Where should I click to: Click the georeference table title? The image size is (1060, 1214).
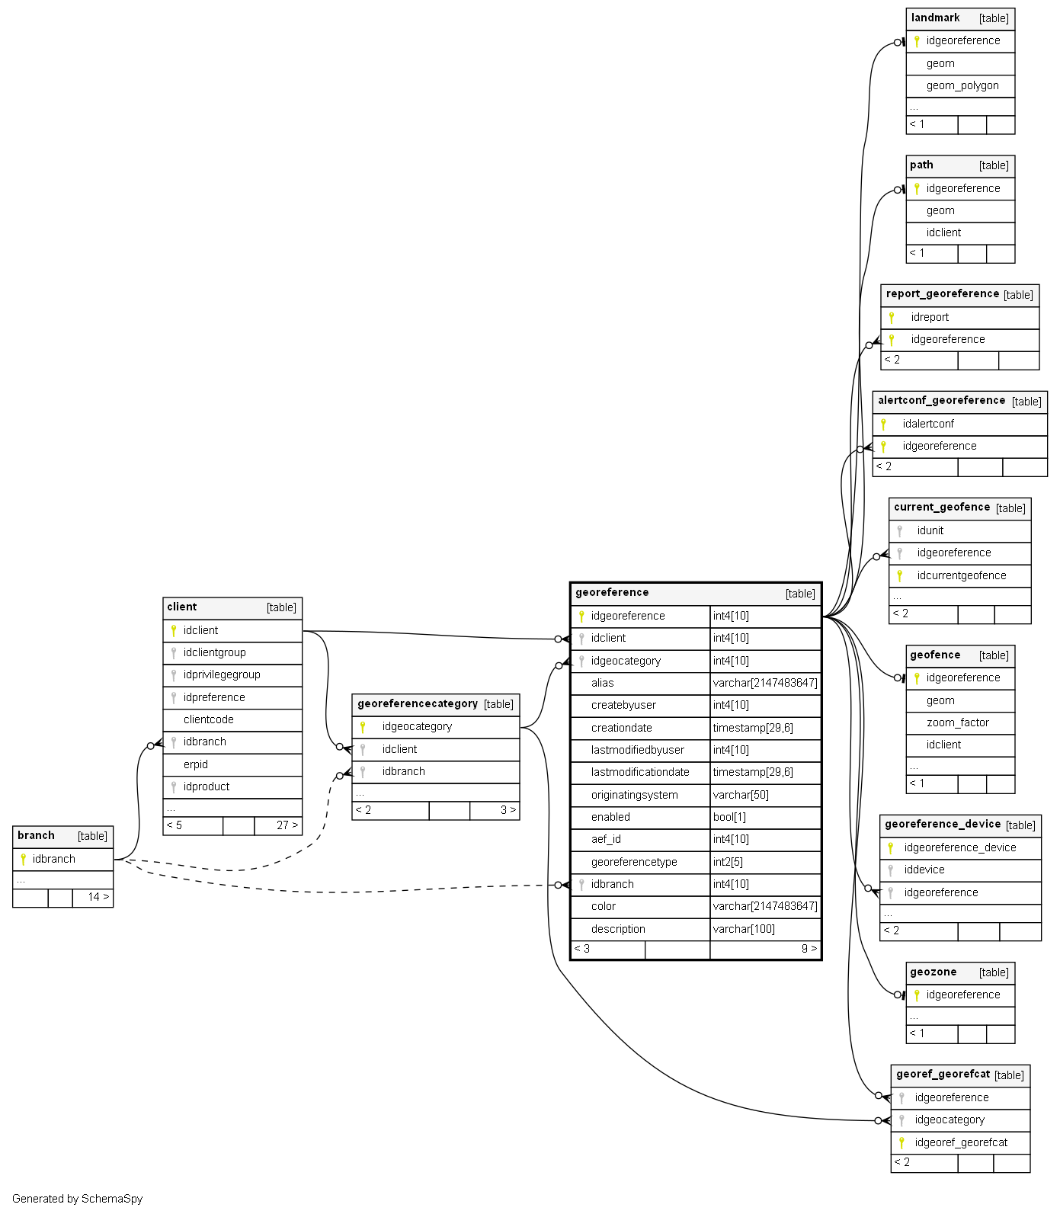(x=612, y=593)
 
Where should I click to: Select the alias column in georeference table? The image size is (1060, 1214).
(x=602, y=683)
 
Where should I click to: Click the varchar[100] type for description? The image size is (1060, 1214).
(x=743, y=929)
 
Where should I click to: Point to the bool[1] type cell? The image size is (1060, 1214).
(x=729, y=817)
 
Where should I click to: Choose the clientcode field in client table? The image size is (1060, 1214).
(x=208, y=719)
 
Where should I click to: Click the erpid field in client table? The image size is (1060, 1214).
(x=195, y=764)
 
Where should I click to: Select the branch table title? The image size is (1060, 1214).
(x=36, y=836)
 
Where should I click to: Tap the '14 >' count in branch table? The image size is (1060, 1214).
(x=98, y=897)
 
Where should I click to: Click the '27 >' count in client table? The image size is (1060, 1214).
(x=287, y=825)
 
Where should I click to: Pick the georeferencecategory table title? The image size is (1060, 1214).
(x=418, y=704)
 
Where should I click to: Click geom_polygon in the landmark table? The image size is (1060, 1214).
(x=962, y=85)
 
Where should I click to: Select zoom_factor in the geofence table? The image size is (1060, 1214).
(x=957, y=722)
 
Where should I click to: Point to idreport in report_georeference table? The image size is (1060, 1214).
(x=930, y=317)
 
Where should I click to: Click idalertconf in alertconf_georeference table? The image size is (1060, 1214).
(x=927, y=424)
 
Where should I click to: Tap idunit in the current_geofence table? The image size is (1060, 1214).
(x=930, y=530)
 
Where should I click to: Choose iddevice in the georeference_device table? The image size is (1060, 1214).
(x=924, y=870)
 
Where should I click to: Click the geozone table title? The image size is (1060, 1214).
(x=933, y=972)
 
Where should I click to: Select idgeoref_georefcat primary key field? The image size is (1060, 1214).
(x=960, y=1142)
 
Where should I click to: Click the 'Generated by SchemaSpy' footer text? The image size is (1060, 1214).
(x=78, y=1199)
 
